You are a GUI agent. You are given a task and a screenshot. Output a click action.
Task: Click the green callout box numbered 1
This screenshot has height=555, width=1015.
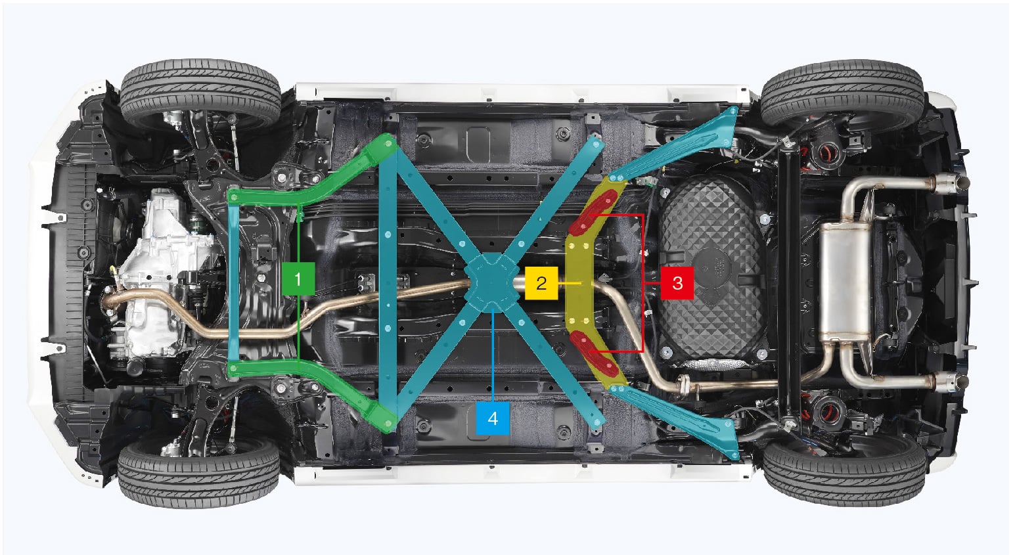(298, 278)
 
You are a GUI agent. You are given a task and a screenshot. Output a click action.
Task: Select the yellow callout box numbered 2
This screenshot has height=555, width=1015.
(541, 282)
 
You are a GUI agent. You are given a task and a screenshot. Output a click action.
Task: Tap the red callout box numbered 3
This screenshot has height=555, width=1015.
(677, 282)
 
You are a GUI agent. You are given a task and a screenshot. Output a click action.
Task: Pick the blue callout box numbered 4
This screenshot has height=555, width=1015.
(493, 418)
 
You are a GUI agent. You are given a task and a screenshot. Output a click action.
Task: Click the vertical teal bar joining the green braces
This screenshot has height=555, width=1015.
(233, 282)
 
